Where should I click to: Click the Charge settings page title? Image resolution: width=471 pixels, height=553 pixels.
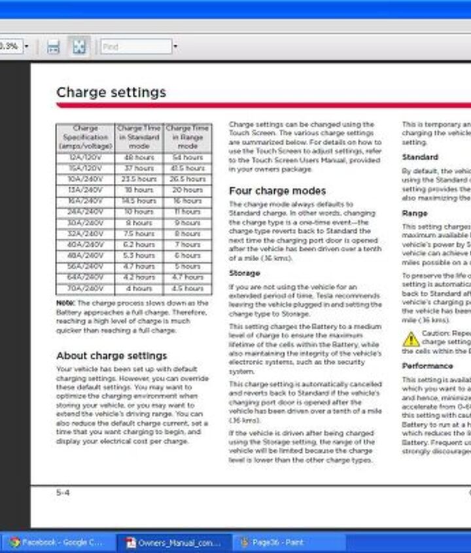pyautogui.click(x=111, y=92)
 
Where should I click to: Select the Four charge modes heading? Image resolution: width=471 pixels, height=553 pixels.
pyautogui.click(x=277, y=191)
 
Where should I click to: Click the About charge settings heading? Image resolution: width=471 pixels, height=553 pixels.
pyautogui.click(x=111, y=356)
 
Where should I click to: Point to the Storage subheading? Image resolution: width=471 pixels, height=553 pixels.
pyautogui.click(x=245, y=273)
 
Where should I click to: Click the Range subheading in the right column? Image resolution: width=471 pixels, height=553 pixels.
pyautogui.click(x=415, y=213)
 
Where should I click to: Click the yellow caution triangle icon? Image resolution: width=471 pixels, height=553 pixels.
pyautogui.click(x=411, y=339)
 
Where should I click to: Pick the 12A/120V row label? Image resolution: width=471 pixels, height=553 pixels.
pyautogui.click(x=85, y=157)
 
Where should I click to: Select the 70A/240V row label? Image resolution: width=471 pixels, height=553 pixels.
pyautogui.click(x=85, y=288)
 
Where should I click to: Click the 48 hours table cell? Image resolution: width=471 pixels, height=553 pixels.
pyautogui.click(x=139, y=157)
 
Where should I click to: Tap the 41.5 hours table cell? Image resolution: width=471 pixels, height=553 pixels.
pyautogui.click(x=188, y=168)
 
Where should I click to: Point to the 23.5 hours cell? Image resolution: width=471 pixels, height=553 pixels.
pyautogui.click(x=139, y=179)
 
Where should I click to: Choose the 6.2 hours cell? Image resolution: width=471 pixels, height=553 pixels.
pyautogui.click(x=139, y=244)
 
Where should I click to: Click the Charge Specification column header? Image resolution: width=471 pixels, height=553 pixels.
pyautogui.click(x=85, y=137)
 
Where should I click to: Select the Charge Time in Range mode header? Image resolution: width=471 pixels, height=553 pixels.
pyautogui.click(x=188, y=137)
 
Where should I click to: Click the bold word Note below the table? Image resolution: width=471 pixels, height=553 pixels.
pyautogui.click(x=65, y=303)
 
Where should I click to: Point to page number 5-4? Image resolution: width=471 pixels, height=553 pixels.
pyautogui.click(x=63, y=491)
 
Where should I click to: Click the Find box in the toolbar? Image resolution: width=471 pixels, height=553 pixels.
pyautogui.click(x=135, y=47)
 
